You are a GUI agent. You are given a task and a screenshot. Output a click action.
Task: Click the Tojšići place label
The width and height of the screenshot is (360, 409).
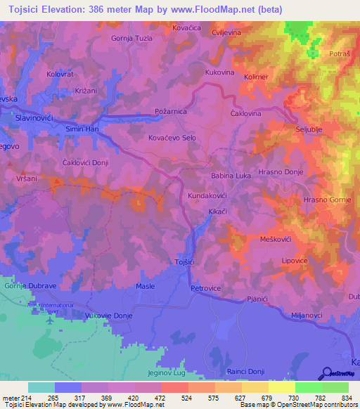184,262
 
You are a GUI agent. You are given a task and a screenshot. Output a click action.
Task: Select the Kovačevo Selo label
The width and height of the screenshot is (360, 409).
172,138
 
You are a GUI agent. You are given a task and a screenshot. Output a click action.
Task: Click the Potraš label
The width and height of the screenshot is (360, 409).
339,54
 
